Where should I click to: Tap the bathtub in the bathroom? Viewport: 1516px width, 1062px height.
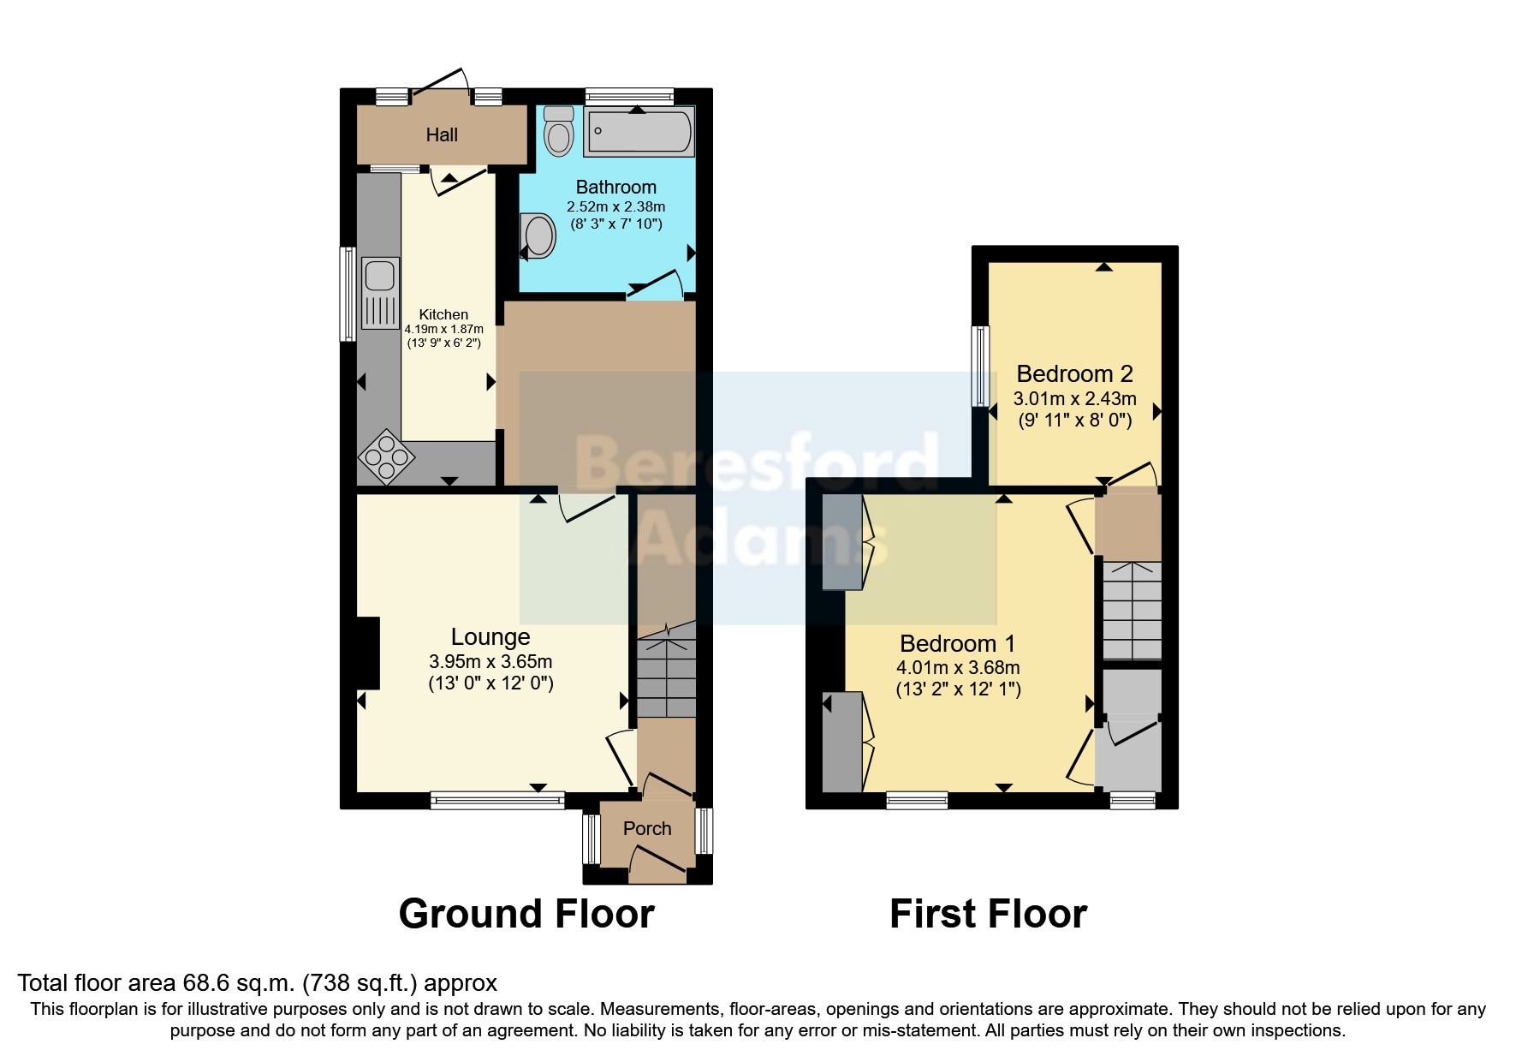(x=639, y=133)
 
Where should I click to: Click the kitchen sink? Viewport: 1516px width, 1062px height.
(x=379, y=277)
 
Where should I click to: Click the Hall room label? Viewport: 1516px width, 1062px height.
(x=442, y=135)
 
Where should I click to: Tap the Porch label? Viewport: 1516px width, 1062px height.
(x=647, y=829)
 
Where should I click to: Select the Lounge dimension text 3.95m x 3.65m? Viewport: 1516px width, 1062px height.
(x=490, y=662)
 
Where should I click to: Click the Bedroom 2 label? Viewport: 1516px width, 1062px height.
(x=1074, y=374)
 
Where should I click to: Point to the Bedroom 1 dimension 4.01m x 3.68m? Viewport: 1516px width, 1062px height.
(x=958, y=668)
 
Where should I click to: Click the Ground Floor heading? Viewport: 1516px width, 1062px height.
(x=526, y=914)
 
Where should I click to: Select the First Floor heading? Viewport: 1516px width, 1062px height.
(x=988, y=914)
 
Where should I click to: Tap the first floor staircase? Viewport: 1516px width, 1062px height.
(x=1131, y=610)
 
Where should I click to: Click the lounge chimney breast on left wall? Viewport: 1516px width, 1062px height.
(x=368, y=653)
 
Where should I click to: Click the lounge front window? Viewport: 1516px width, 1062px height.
(x=497, y=801)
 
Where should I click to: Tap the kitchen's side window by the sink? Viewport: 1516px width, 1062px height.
(x=348, y=294)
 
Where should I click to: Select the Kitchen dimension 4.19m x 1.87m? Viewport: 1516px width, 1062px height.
(x=443, y=329)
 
